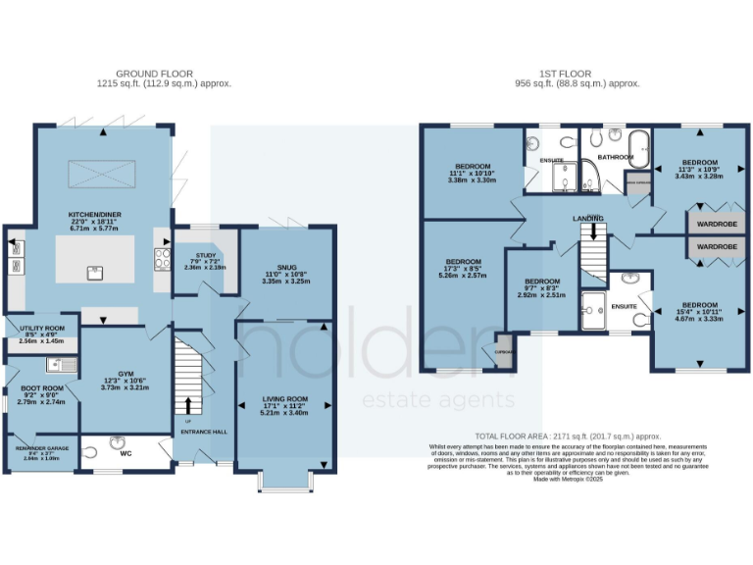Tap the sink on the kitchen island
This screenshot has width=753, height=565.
pos(94,273)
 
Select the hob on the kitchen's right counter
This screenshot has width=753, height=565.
pos(162,259)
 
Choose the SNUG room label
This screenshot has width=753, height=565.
pos(286,267)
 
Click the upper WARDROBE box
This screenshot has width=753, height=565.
pos(716,223)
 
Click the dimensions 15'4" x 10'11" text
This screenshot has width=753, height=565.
pos(699,310)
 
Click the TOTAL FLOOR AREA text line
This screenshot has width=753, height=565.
pos(567,436)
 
